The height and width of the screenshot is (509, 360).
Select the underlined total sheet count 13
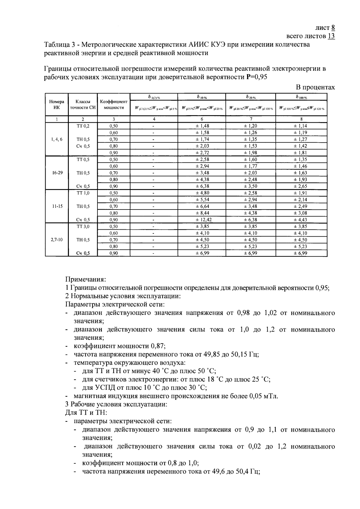(x=331, y=36)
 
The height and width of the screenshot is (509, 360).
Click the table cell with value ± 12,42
(x=202, y=220)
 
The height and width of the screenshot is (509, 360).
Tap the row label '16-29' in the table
(x=57, y=173)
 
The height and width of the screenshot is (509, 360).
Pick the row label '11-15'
(x=57, y=206)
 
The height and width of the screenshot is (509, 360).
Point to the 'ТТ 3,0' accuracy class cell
(x=83, y=227)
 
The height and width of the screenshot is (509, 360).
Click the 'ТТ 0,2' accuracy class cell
(x=83, y=126)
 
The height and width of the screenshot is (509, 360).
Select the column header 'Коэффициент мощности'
(x=114, y=104)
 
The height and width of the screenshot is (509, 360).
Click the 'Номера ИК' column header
(x=57, y=104)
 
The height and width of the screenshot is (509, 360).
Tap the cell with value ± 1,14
(x=301, y=126)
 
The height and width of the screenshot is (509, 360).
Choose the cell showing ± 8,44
(x=202, y=213)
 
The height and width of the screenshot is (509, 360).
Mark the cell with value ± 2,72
(x=202, y=153)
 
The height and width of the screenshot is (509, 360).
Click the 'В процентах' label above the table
(x=315, y=87)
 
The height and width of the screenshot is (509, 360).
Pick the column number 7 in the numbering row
(x=251, y=119)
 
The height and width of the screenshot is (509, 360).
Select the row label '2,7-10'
(x=57, y=240)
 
